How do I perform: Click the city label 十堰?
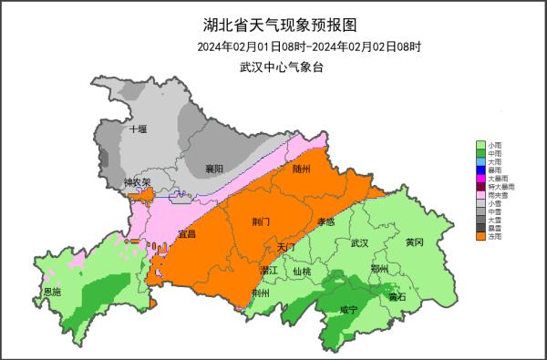point(138,129)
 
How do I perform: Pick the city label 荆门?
point(262,221)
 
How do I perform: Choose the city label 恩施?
point(53,293)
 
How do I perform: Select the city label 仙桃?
point(302,272)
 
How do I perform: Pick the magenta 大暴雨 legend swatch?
point(480,179)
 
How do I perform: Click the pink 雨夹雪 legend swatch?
point(480,195)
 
